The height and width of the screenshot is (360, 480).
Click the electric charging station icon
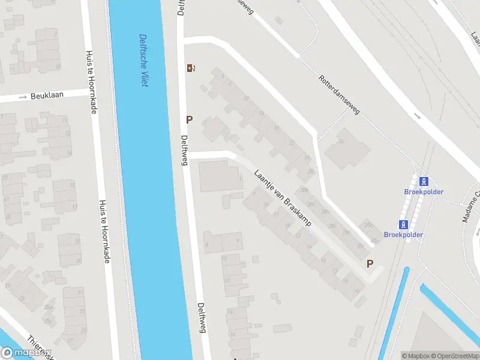click(x=191, y=68)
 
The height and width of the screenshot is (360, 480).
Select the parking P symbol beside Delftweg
click(x=190, y=119)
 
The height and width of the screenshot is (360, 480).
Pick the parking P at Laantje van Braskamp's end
click(x=370, y=263)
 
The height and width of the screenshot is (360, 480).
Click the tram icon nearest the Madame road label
click(x=424, y=181)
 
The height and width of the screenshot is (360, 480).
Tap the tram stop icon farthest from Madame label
click(x=404, y=224)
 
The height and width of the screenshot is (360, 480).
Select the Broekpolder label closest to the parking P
click(x=403, y=235)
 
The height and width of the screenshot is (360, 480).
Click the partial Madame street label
click(x=470, y=206)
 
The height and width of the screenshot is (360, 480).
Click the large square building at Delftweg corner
click(x=221, y=175)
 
